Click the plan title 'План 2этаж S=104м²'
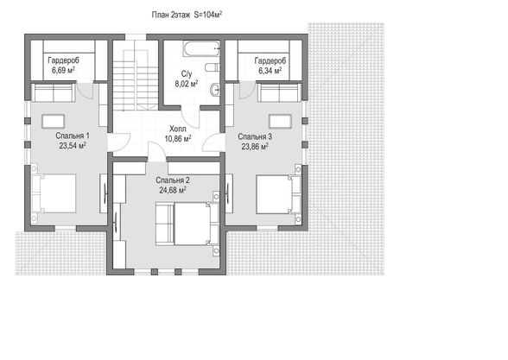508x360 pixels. [x=187, y=15]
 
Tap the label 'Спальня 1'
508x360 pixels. [x=73, y=136]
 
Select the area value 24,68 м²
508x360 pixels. [x=173, y=190]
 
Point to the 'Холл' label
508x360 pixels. [x=178, y=129]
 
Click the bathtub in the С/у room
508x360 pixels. [x=201, y=48]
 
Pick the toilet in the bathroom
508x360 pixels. [x=213, y=67]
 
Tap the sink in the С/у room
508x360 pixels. [x=215, y=90]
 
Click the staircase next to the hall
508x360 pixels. [x=136, y=80]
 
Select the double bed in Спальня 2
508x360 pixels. [x=187, y=224]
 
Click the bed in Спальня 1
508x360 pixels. [x=54, y=193]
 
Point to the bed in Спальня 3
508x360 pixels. [x=278, y=194]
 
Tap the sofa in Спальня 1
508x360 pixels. [x=54, y=92]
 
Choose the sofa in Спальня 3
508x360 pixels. [x=279, y=93]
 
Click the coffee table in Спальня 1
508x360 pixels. [x=54, y=122]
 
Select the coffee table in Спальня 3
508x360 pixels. [x=280, y=122]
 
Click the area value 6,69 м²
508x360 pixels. [x=64, y=70]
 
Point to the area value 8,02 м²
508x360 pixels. [x=187, y=84]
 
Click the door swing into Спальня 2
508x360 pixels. [x=157, y=150]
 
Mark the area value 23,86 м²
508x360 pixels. [x=255, y=147]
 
